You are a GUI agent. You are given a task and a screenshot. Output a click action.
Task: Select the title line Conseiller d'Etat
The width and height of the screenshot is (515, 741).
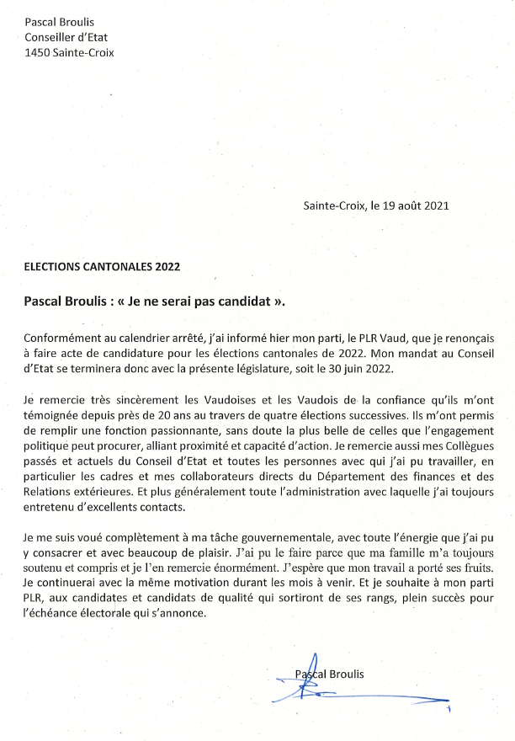66,37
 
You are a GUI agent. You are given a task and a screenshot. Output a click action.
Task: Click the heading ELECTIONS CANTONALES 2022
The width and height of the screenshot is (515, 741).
102,267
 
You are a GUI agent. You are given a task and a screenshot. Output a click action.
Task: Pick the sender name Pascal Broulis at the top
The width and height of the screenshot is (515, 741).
59,22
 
